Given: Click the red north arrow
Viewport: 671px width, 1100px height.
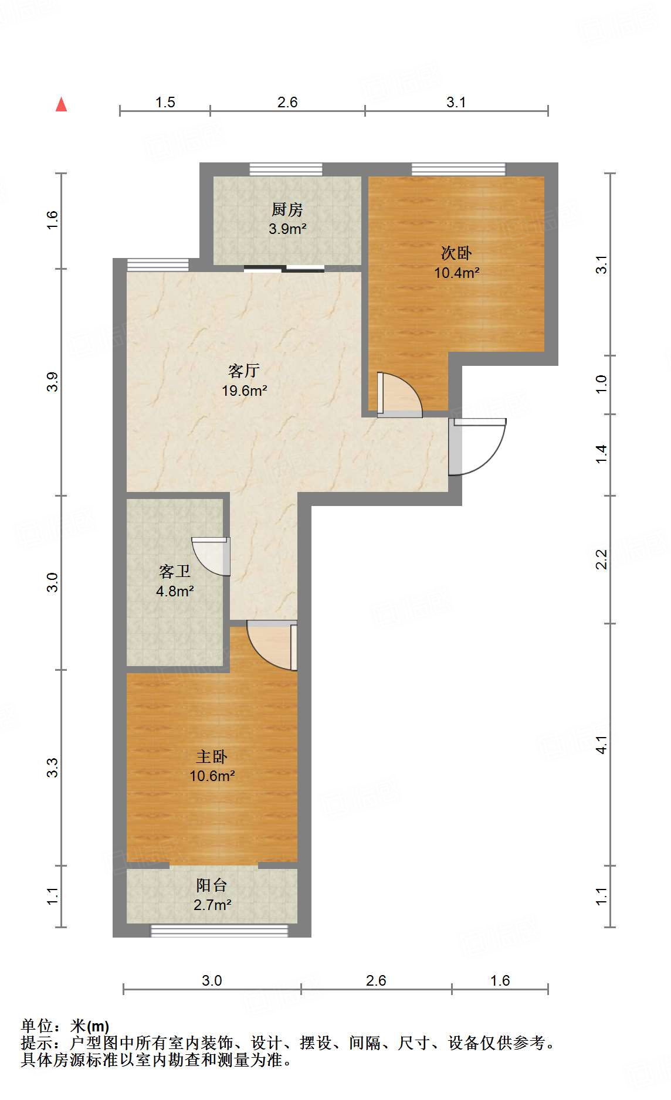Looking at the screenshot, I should [x=61, y=104].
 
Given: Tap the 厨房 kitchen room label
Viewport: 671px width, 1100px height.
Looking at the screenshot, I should [x=287, y=209].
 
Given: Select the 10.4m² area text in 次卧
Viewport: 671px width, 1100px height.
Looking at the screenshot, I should [x=457, y=273].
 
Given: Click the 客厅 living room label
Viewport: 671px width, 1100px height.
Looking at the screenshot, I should [x=243, y=371].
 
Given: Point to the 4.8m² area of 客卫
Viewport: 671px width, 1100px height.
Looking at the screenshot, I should [x=175, y=591].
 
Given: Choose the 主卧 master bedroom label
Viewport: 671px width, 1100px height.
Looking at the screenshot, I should [x=211, y=756].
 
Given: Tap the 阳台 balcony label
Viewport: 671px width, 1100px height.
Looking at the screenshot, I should [x=211, y=885].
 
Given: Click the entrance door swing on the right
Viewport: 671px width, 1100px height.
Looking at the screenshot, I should [x=478, y=446].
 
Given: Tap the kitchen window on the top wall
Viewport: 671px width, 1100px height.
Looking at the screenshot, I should [x=286, y=169].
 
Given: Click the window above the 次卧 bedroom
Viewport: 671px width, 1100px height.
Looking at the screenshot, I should [x=458, y=169].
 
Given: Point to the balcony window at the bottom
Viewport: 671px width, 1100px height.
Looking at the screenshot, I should [x=219, y=931].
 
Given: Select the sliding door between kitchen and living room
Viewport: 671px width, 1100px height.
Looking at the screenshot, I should [x=284, y=269].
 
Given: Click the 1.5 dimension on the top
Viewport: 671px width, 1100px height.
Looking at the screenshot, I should [x=165, y=102].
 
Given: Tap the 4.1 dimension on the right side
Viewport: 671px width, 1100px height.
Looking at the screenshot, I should [x=601, y=745].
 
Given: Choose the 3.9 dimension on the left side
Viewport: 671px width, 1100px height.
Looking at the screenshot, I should [x=53, y=382].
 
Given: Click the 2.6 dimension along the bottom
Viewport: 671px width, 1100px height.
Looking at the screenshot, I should [x=375, y=980].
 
